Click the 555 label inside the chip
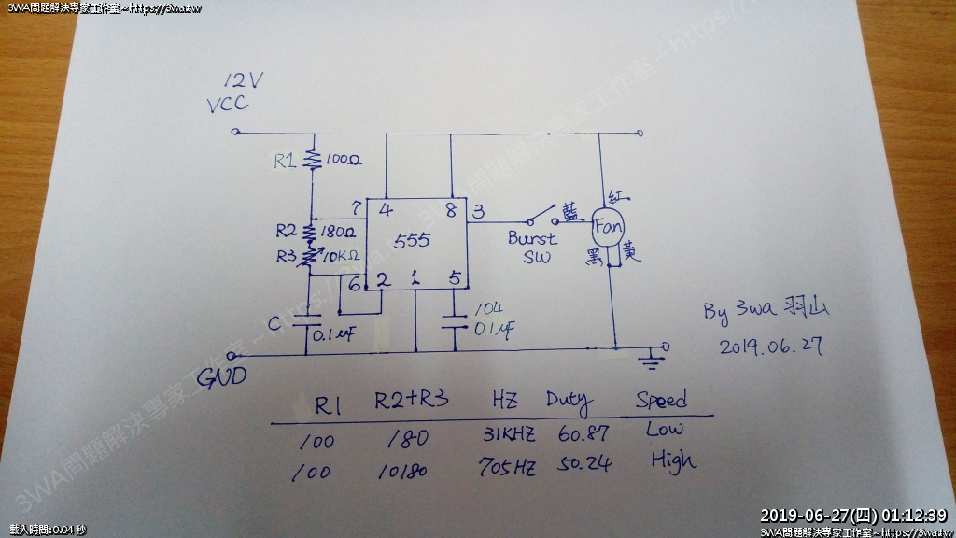click(x=411, y=241)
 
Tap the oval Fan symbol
click(x=609, y=227)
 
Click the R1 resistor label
click(x=286, y=161)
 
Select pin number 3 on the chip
click(x=477, y=211)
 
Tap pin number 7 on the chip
click(x=355, y=206)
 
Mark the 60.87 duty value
click(x=583, y=434)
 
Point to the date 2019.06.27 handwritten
click(x=771, y=347)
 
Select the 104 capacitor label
click(x=488, y=309)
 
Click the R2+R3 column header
click(x=411, y=401)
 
